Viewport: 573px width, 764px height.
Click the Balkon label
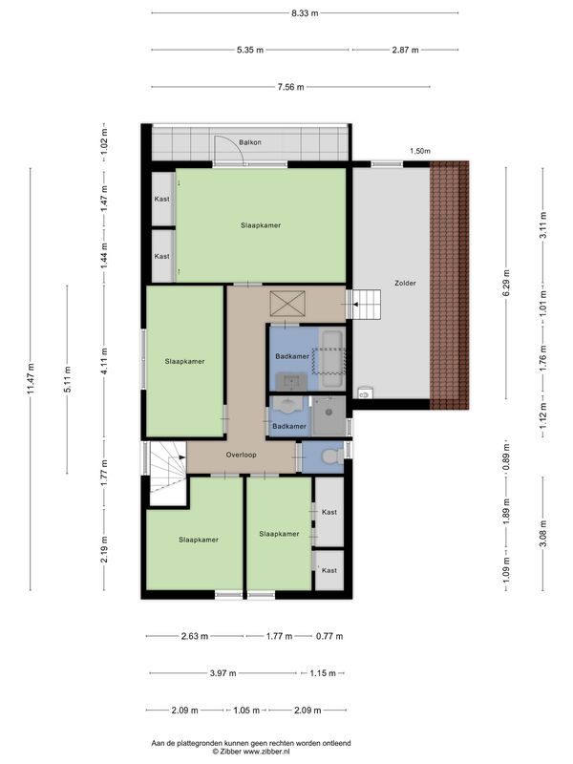[x=250, y=142]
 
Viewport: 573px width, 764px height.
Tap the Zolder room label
[x=405, y=283]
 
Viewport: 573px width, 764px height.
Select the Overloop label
[x=241, y=455]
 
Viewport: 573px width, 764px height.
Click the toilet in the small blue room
[x=332, y=457]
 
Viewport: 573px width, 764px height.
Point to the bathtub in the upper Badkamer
[x=332, y=360]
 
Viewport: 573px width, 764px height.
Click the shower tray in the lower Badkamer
[x=329, y=415]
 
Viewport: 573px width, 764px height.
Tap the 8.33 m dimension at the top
[x=305, y=13]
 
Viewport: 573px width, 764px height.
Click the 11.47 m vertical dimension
[x=31, y=379]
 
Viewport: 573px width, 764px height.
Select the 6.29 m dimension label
[x=506, y=283]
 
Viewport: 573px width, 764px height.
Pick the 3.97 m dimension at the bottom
[x=223, y=673]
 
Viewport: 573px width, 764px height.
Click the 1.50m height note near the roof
[x=419, y=151]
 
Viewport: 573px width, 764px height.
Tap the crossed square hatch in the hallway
[x=287, y=304]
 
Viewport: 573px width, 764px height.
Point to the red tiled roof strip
[x=449, y=285]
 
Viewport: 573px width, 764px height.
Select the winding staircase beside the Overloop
[x=167, y=473]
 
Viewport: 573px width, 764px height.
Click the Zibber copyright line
[x=250, y=752]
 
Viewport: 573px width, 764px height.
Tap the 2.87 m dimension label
[x=405, y=50]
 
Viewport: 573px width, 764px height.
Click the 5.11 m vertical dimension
[x=68, y=379]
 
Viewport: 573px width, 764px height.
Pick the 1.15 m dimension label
[x=323, y=673]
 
